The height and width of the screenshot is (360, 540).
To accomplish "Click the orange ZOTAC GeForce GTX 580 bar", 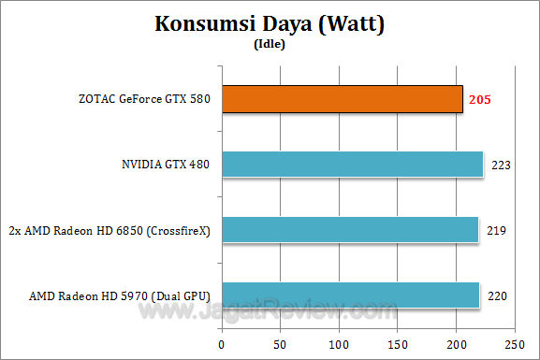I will (343, 99).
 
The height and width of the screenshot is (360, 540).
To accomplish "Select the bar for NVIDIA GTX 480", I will (353, 165).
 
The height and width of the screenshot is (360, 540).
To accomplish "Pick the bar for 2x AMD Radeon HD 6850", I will (350, 229).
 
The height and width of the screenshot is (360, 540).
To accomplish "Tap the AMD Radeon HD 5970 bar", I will (351, 295).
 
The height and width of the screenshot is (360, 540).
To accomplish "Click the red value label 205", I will (480, 99).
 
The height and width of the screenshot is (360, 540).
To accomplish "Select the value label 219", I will (495, 229).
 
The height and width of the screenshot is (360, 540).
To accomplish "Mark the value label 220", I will (496, 295).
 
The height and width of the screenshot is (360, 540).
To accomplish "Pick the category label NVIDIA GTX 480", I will (167, 165).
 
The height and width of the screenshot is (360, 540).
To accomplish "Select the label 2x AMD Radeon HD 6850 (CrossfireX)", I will (109, 229).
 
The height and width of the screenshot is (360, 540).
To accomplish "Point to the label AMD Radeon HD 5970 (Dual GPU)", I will (121, 295).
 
